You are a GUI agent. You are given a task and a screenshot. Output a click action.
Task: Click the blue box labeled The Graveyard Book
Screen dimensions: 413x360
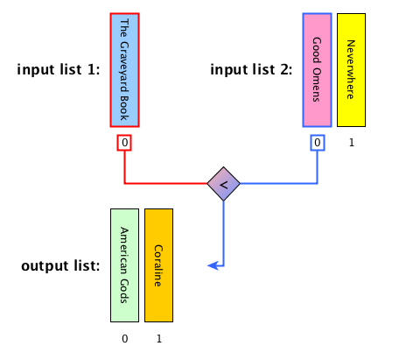(x=124, y=70)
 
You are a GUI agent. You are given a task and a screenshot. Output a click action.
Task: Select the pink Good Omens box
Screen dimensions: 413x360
(x=317, y=70)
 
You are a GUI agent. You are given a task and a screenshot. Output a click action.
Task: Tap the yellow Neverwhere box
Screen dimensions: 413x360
(x=351, y=70)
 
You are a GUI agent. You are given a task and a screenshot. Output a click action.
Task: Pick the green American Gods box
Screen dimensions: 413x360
(x=124, y=265)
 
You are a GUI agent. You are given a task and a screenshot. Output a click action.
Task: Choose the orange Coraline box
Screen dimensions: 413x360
(x=158, y=265)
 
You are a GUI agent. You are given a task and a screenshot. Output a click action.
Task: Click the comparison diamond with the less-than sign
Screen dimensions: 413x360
(x=223, y=184)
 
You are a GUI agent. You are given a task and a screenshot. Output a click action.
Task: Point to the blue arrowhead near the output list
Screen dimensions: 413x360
(x=213, y=265)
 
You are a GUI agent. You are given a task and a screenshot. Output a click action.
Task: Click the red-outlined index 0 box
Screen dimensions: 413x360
(x=124, y=143)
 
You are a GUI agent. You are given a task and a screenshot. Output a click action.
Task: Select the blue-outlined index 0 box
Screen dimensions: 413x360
(x=318, y=143)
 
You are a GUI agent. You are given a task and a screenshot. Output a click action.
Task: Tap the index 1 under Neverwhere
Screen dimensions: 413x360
(x=352, y=143)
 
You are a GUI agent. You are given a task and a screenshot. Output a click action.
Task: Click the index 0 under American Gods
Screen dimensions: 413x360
(x=124, y=339)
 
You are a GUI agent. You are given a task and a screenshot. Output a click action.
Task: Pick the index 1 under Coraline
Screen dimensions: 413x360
(x=159, y=339)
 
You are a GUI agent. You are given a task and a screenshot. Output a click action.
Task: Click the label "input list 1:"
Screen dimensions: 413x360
(x=59, y=69)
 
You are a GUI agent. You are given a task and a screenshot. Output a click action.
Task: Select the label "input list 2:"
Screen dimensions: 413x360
(x=251, y=69)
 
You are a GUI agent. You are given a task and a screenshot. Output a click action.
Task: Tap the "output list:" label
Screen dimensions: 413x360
(x=60, y=266)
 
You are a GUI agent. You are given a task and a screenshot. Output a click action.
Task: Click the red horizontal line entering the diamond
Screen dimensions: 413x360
(x=166, y=183)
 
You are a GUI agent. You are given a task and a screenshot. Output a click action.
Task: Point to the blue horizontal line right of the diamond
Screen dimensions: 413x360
(x=278, y=183)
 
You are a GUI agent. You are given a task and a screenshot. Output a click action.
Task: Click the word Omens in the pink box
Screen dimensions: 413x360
(x=317, y=85)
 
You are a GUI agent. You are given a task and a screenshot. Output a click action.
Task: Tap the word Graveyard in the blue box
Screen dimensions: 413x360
(x=124, y=67)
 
